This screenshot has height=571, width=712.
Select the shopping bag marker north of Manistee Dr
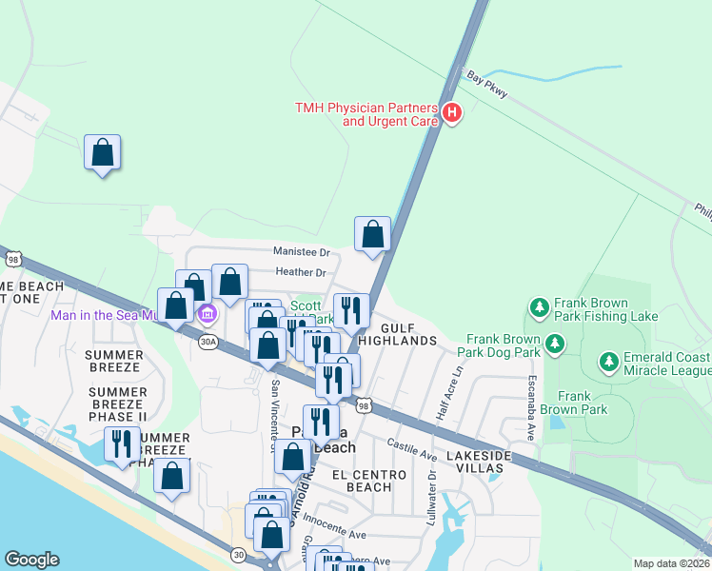point(372,234)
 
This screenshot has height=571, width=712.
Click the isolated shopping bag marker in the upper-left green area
point(103,152)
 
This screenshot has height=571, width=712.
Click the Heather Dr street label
point(301,273)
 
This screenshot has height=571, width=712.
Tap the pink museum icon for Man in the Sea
point(207,313)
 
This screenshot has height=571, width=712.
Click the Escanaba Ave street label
point(531,405)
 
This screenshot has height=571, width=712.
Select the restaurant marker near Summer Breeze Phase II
point(122,444)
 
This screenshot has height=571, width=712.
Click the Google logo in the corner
point(31,560)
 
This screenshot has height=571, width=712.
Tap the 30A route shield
point(208,340)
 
